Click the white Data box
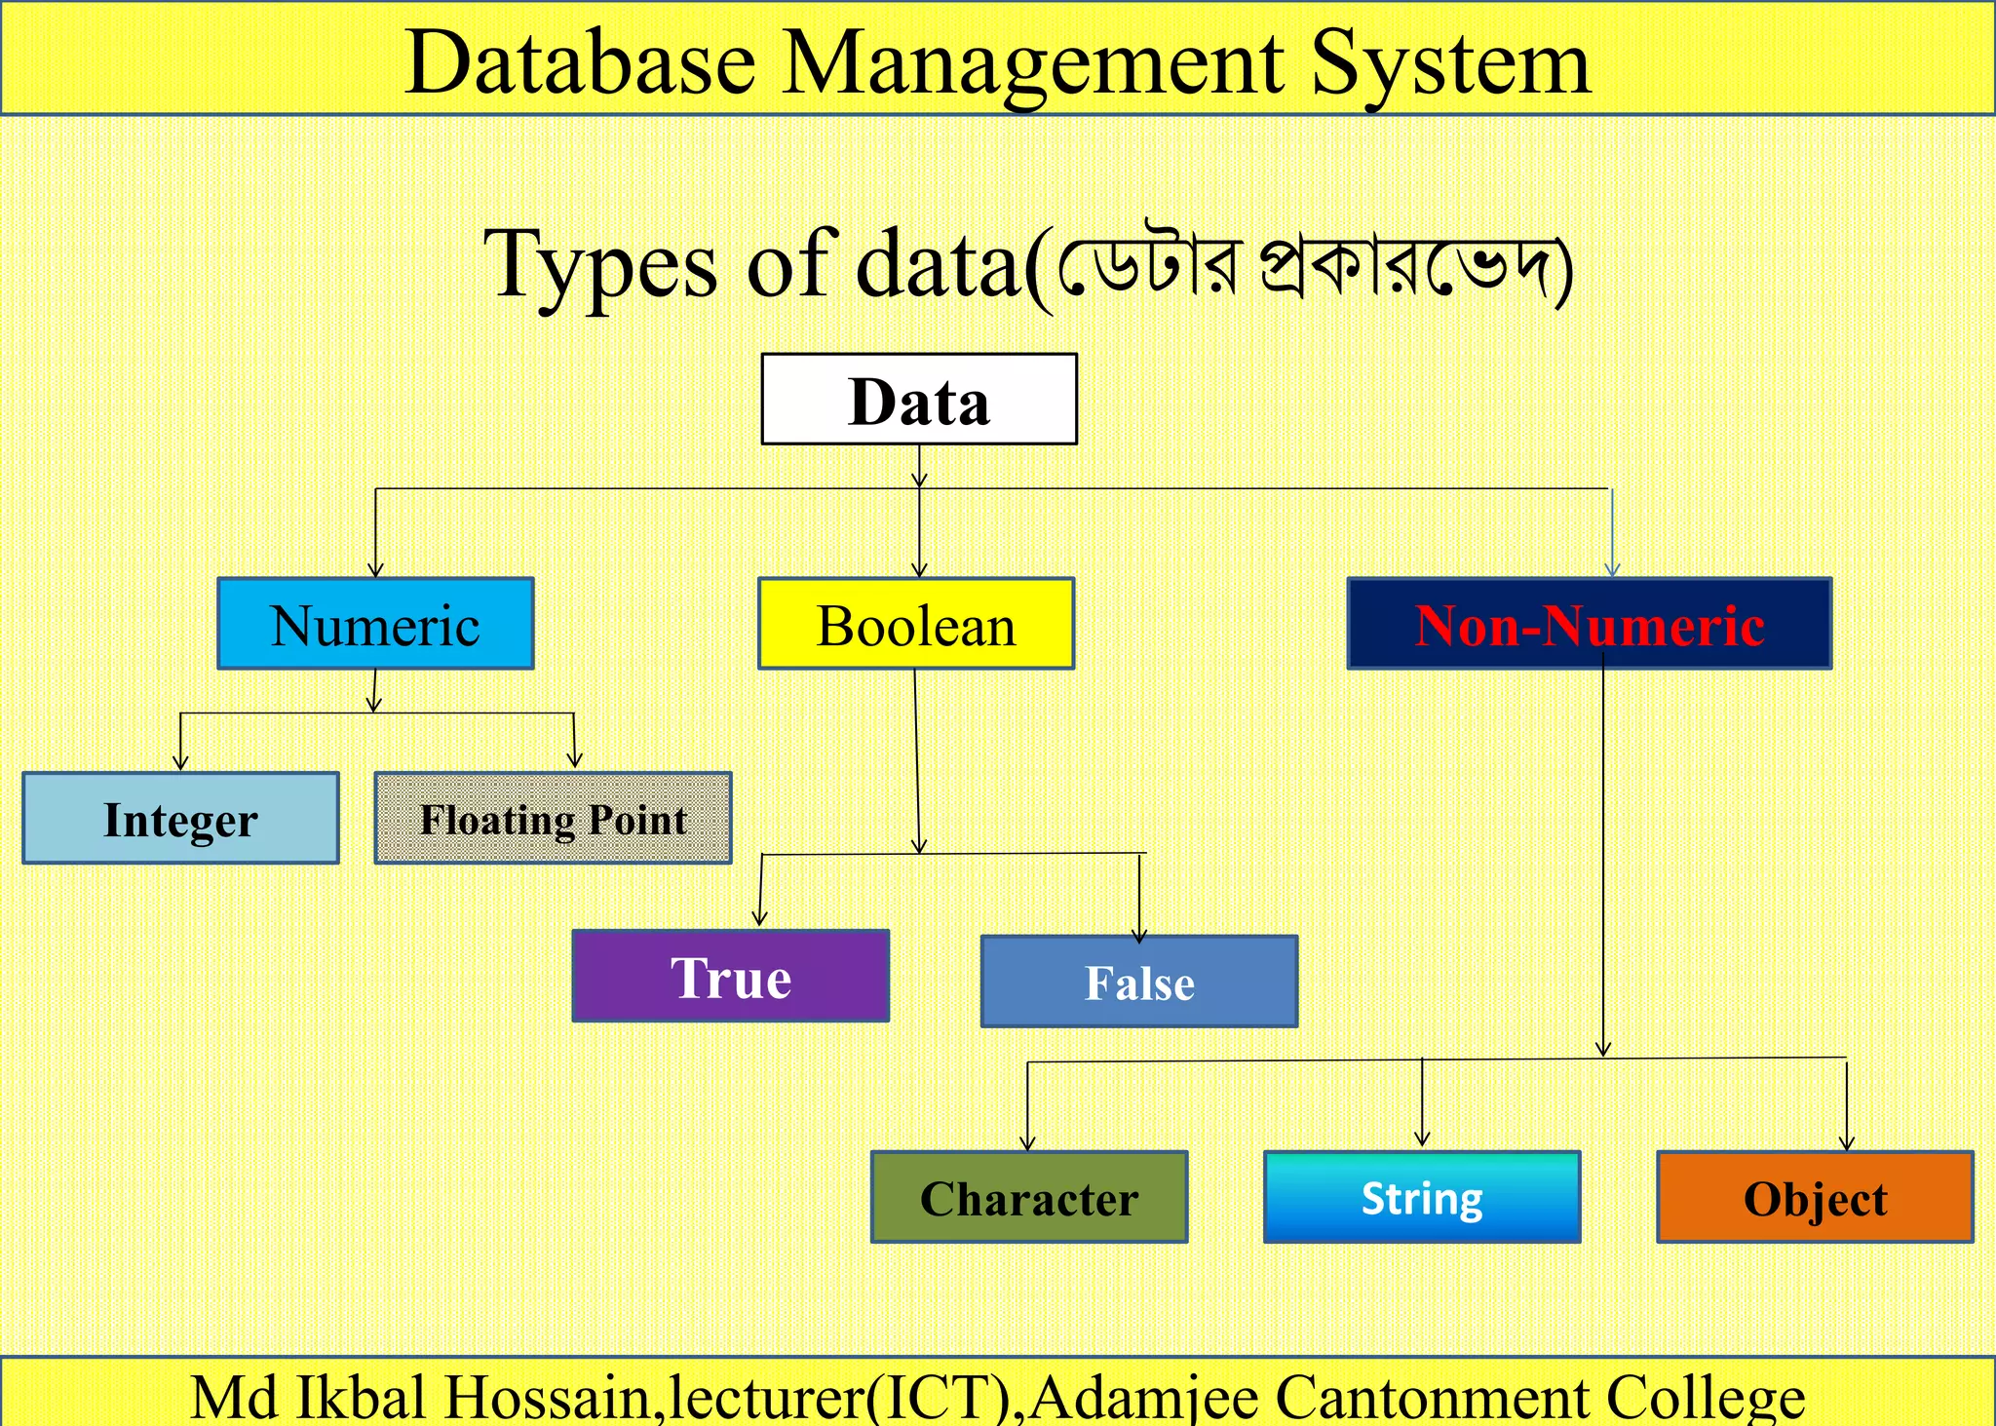919,400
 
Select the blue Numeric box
375,624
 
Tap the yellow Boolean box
916,624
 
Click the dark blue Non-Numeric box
1590,624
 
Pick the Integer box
180,819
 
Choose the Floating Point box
553,819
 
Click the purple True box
731,976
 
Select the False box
1139,982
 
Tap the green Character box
1029,1197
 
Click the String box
1422,1197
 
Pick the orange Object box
1815,1197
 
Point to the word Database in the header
580,63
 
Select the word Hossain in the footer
547,1398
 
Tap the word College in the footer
1706,1398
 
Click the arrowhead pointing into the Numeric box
376,569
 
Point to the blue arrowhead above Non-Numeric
1612,569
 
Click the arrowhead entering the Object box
1847,1143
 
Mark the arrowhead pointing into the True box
760,918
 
